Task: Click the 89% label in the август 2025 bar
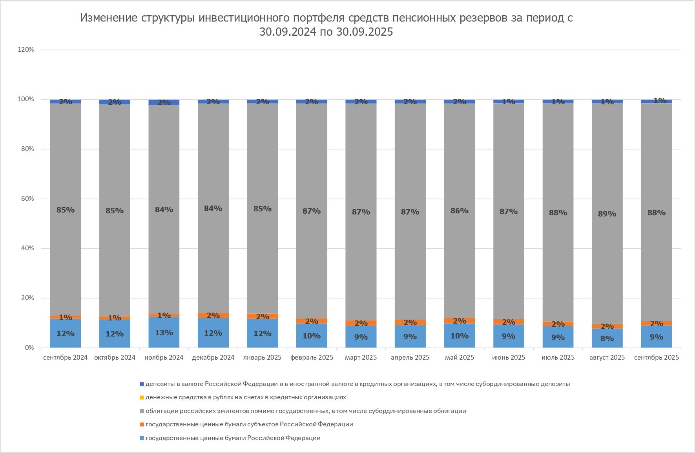607,214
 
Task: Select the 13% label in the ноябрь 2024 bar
164,333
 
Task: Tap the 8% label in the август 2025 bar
607,338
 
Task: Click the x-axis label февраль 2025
312,357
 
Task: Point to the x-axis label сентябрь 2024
65,357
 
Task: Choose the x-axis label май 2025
460,357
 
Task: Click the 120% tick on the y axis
26,50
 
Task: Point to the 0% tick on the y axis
29,348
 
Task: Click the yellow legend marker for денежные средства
142,398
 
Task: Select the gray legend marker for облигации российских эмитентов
142,411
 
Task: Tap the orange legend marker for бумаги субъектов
142,424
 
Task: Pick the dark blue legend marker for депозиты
142,384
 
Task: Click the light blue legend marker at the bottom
142,438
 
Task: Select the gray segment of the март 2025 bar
361,176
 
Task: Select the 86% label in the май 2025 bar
459,211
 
